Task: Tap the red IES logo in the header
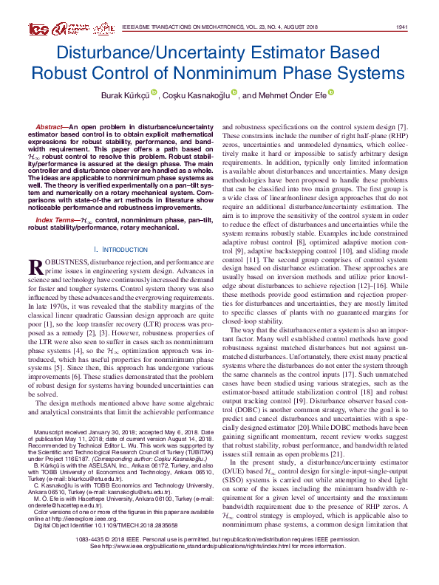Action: click(x=38, y=29)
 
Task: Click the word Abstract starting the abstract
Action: click(x=50, y=128)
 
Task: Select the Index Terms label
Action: click(x=56, y=221)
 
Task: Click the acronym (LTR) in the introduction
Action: click(x=152, y=323)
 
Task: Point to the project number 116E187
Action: click(x=69, y=457)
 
